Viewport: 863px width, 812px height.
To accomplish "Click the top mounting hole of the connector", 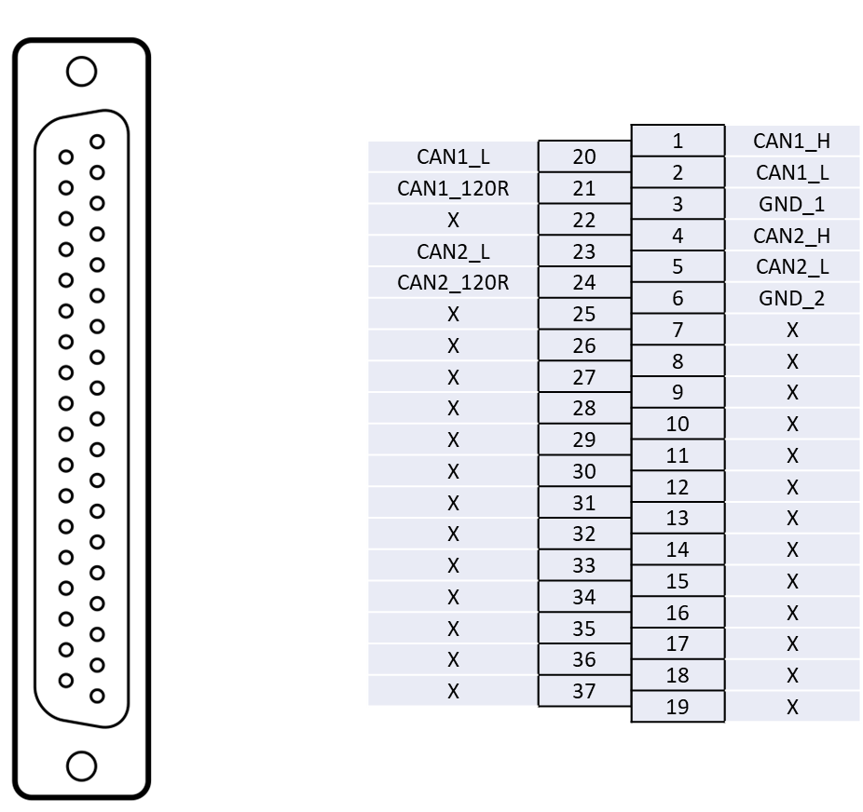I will [82, 72].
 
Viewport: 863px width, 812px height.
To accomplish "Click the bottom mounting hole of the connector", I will [82, 765].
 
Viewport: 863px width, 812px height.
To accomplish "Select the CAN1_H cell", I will [791, 142].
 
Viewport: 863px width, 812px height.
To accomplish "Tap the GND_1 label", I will [791, 204].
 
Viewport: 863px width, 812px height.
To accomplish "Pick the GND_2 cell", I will [791, 299].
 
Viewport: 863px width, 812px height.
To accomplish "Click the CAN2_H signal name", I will [791, 236].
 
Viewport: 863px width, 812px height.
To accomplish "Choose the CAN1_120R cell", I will [453, 188].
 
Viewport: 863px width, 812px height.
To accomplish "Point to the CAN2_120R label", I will [453, 282].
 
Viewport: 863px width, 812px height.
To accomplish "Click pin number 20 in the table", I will [584, 157].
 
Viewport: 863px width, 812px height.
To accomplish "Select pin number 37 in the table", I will [584, 691].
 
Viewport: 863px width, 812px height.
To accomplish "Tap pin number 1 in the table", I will [678, 142].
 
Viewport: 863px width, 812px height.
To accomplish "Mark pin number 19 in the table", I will [678, 707].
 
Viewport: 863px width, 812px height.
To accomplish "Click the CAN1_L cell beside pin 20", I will [453, 156].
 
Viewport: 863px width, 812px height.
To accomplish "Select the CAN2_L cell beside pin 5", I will [791, 267].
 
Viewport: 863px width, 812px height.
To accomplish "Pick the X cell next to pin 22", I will [453, 220].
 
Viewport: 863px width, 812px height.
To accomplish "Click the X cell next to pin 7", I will [791, 331].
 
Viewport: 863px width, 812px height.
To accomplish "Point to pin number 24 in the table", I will [584, 282].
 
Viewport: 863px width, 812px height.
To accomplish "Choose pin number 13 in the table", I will [678, 518].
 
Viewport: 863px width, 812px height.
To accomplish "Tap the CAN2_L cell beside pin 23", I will [453, 251].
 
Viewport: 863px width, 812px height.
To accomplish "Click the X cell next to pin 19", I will [791, 707].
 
